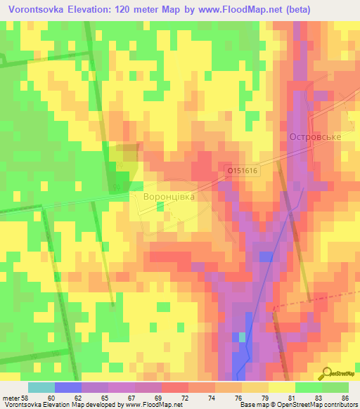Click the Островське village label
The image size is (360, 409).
314,137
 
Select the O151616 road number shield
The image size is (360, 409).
243,170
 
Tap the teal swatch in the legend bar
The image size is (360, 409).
41,387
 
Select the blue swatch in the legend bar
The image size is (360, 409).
67,387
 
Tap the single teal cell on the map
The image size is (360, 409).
243,337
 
